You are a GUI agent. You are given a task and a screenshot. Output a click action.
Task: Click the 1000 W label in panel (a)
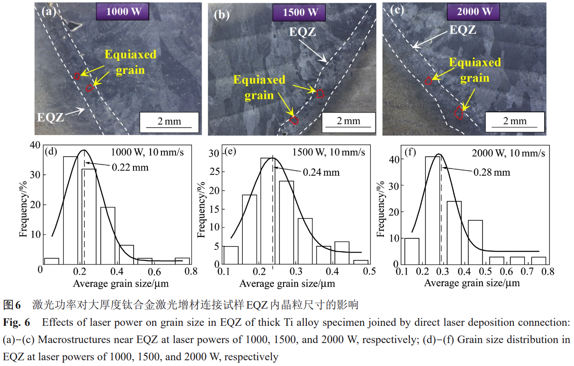(122, 11)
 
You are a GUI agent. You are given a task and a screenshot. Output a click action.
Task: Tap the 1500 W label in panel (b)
(301, 12)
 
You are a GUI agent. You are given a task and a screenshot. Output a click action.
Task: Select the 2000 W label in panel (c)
(475, 11)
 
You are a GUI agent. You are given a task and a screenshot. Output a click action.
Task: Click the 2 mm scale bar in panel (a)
(169, 121)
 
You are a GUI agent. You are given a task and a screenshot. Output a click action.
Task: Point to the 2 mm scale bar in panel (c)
(515, 121)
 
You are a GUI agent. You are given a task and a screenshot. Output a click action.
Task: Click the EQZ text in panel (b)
(303, 32)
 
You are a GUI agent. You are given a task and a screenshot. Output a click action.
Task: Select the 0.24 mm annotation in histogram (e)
(321, 172)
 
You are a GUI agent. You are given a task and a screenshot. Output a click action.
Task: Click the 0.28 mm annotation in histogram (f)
(492, 172)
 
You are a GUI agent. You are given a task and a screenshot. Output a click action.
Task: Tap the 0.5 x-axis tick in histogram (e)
(370, 271)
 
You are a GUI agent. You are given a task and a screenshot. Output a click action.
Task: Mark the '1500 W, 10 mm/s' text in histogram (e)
(329, 152)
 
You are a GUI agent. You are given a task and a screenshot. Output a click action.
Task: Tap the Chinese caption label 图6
(12, 305)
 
